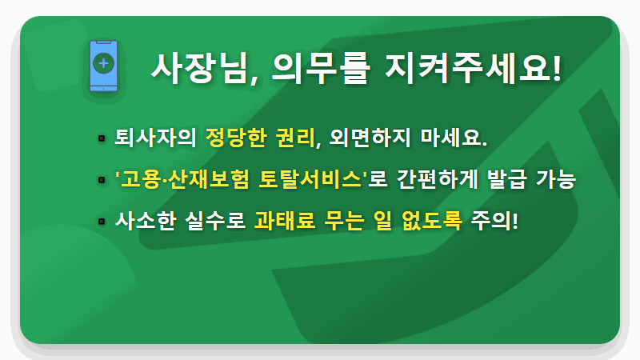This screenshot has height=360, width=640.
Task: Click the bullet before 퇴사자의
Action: [x=102, y=138]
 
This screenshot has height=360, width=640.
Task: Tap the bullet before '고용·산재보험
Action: [x=102, y=179]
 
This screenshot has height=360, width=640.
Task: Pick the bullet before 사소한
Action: [x=102, y=221]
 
